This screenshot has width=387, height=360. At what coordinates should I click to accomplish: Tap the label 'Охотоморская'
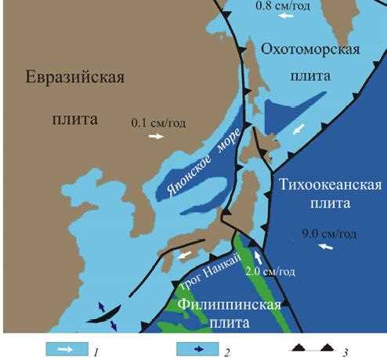click(x=309, y=50)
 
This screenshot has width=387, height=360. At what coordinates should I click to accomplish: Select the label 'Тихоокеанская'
click(x=330, y=185)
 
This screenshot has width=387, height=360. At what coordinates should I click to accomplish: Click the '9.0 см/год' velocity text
click(x=329, y=234)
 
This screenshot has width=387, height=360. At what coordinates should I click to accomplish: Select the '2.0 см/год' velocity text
click(x=271, y=271)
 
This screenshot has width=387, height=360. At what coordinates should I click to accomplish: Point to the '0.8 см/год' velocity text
click(x=283, y=5)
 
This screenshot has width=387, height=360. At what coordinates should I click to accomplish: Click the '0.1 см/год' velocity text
click(x=157, y=122)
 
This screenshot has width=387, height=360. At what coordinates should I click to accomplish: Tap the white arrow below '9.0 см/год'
click(x=326, y=247)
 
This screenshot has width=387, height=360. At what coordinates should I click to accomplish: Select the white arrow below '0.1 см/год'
click(x=157, y=136)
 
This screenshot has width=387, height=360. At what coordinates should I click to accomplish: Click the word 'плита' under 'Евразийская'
click(x=74, y=120)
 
